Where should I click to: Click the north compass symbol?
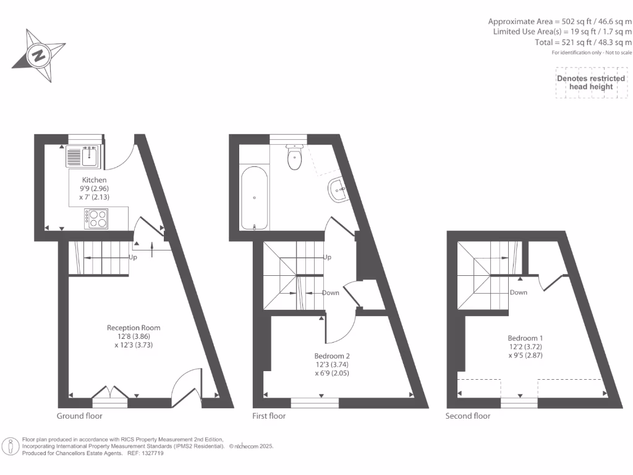[x=38, y=55]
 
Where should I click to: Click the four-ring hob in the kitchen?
[x=96, y=218]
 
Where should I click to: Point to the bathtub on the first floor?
[x=254, y=197]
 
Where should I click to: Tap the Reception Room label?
[x=134, y=327]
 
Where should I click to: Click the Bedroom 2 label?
[x=332, y=356]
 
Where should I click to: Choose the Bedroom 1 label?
[x=525, y=338]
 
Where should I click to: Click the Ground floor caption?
[x=80, y=416]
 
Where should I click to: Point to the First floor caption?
[x=269, y=416]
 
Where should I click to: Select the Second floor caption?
[x=468, y=416]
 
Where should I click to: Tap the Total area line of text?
[x=583, y=43]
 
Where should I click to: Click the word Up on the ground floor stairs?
[x=133, y=257]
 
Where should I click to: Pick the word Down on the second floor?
[x=519, y=293]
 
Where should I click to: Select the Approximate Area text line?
[x=559, y=20]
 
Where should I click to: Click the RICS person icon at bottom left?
[x=11, y=446]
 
